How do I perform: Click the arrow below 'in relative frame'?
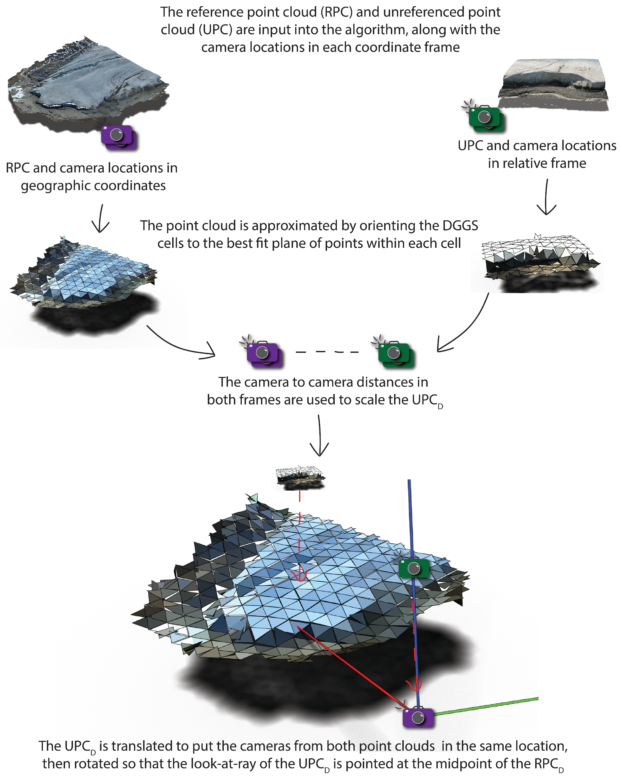(546, 197)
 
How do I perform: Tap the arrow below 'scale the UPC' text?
(319, 436)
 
